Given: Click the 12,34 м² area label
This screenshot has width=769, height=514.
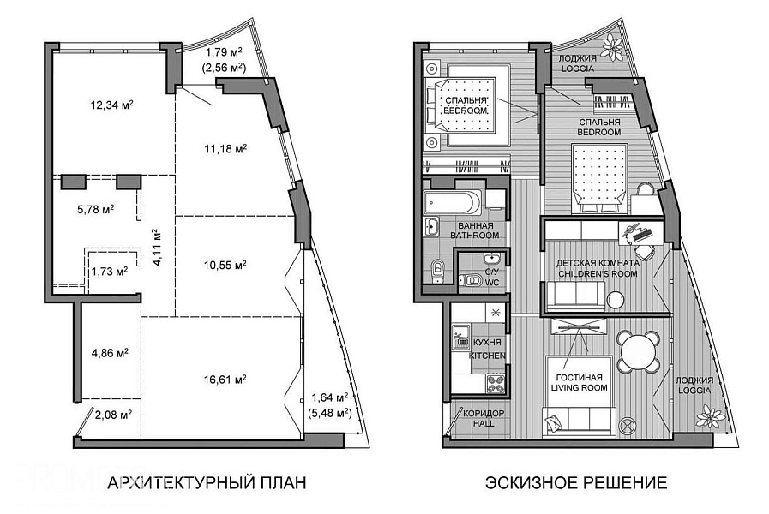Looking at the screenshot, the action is (x=112, y=105).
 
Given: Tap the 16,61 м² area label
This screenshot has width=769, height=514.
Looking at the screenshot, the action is (x=225, y=380).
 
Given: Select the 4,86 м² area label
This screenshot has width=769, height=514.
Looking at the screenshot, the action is (x=111, y=353).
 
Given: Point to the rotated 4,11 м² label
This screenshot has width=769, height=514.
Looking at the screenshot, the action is (x=157, y=247).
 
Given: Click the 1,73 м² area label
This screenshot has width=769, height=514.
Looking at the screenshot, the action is (x=110, y=272).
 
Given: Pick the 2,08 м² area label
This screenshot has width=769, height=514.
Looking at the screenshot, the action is (x=113, y=415).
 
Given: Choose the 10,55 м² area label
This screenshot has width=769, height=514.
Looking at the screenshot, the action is (x=225, y=265).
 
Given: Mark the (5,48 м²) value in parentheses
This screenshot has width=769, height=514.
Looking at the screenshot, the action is (x=330, y=413).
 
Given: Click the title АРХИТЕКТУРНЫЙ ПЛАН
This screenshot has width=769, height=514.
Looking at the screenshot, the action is (x=207, y=482).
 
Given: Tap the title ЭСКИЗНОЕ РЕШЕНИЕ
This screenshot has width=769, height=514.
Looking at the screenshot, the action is (x=576, y=482).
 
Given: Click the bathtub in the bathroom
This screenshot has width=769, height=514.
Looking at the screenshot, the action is (x=453, y=202).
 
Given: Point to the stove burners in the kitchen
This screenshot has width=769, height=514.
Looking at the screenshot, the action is (x=496, y=384).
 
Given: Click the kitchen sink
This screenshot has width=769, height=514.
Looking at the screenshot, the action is (x=460, y=336).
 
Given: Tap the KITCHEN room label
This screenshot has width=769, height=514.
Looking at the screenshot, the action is (x=488, y=356).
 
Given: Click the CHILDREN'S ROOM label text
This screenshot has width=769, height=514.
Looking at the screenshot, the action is (x=598, y=273).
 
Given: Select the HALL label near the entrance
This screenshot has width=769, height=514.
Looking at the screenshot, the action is (x=484, y=423).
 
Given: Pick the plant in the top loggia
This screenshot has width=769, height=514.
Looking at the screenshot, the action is (x=613, y=46).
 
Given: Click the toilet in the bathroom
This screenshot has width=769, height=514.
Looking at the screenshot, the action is (x=436, y=271).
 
